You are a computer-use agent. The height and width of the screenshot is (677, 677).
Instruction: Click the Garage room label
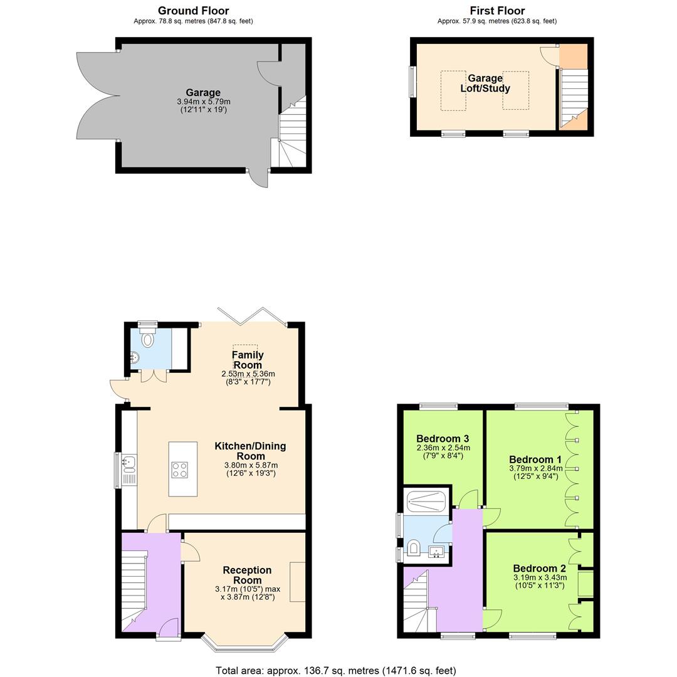[x=202, y=93]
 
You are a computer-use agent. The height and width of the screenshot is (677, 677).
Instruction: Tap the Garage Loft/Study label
[x=485, y=83]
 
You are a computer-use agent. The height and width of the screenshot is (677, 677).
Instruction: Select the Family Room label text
[x=248, y=360]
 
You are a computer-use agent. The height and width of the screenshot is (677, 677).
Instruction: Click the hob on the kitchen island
[x=179, y=470]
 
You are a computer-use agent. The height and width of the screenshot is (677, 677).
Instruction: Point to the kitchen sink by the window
[x=129, y=464]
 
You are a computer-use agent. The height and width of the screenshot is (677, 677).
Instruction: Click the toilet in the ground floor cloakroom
[x=148, y=339]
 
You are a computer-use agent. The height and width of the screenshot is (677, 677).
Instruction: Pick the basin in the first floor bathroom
[x=436, y=552]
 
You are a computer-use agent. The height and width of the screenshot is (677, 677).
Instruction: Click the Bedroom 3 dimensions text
[x=443, y=452]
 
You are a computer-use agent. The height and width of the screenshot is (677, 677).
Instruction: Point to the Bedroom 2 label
[x=539, y=569]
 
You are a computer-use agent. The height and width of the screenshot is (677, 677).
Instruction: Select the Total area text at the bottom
[x=336, y=670]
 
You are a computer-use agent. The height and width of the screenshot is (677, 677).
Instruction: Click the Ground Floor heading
[x=193, y=11]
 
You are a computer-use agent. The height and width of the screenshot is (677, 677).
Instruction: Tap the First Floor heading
[x=496, y=11]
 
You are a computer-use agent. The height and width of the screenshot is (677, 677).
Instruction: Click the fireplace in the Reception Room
[x=297, y=582]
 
